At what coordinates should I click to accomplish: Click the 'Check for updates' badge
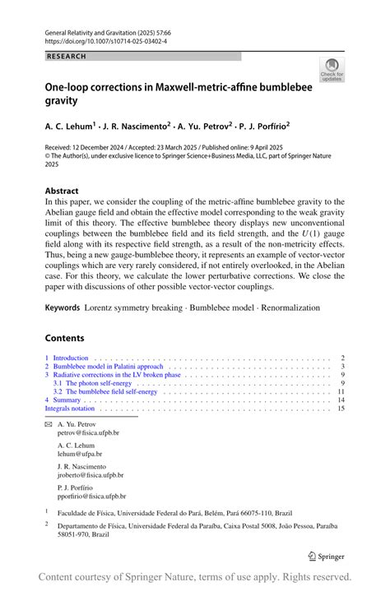point(332,68)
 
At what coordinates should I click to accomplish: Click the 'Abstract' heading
point(62,191)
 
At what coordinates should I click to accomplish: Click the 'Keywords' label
point(63,308)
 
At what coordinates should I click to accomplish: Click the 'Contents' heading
point(64,338)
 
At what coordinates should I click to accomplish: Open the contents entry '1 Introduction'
point(67,358)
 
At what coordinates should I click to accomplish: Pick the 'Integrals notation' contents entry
point(70,408)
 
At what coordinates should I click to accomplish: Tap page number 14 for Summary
point(341,399)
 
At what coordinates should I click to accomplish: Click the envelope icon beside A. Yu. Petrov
point(48,424)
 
